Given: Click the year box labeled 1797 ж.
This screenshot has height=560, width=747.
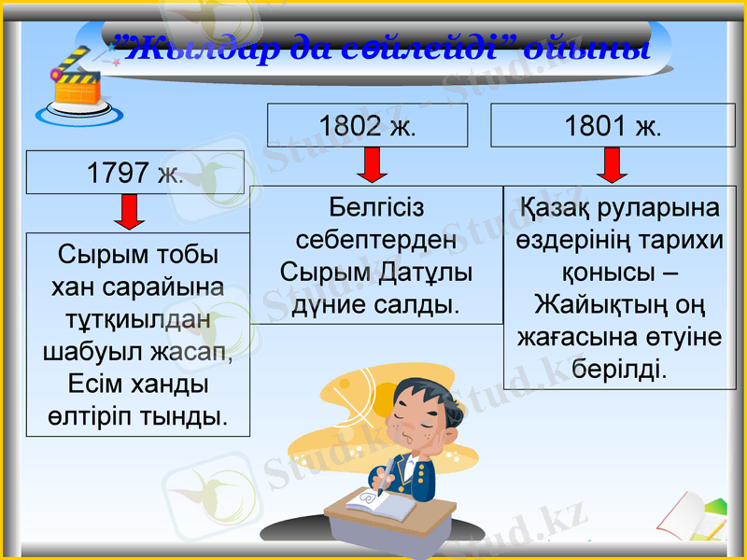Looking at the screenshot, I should click(x=134, y=173).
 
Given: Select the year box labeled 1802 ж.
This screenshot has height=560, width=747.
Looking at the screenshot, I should click(x=367, y=126).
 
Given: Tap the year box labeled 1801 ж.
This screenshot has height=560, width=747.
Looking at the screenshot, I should click(x=613, y=126).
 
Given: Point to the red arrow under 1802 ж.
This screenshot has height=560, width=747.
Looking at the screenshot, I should click(x=372, y=165).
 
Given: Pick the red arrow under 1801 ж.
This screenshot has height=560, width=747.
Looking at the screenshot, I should click(x=613, y=165).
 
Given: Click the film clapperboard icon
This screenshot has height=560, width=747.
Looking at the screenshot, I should click(x=78, y=86).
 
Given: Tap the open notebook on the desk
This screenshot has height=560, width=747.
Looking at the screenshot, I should click(x=378, y=505).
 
